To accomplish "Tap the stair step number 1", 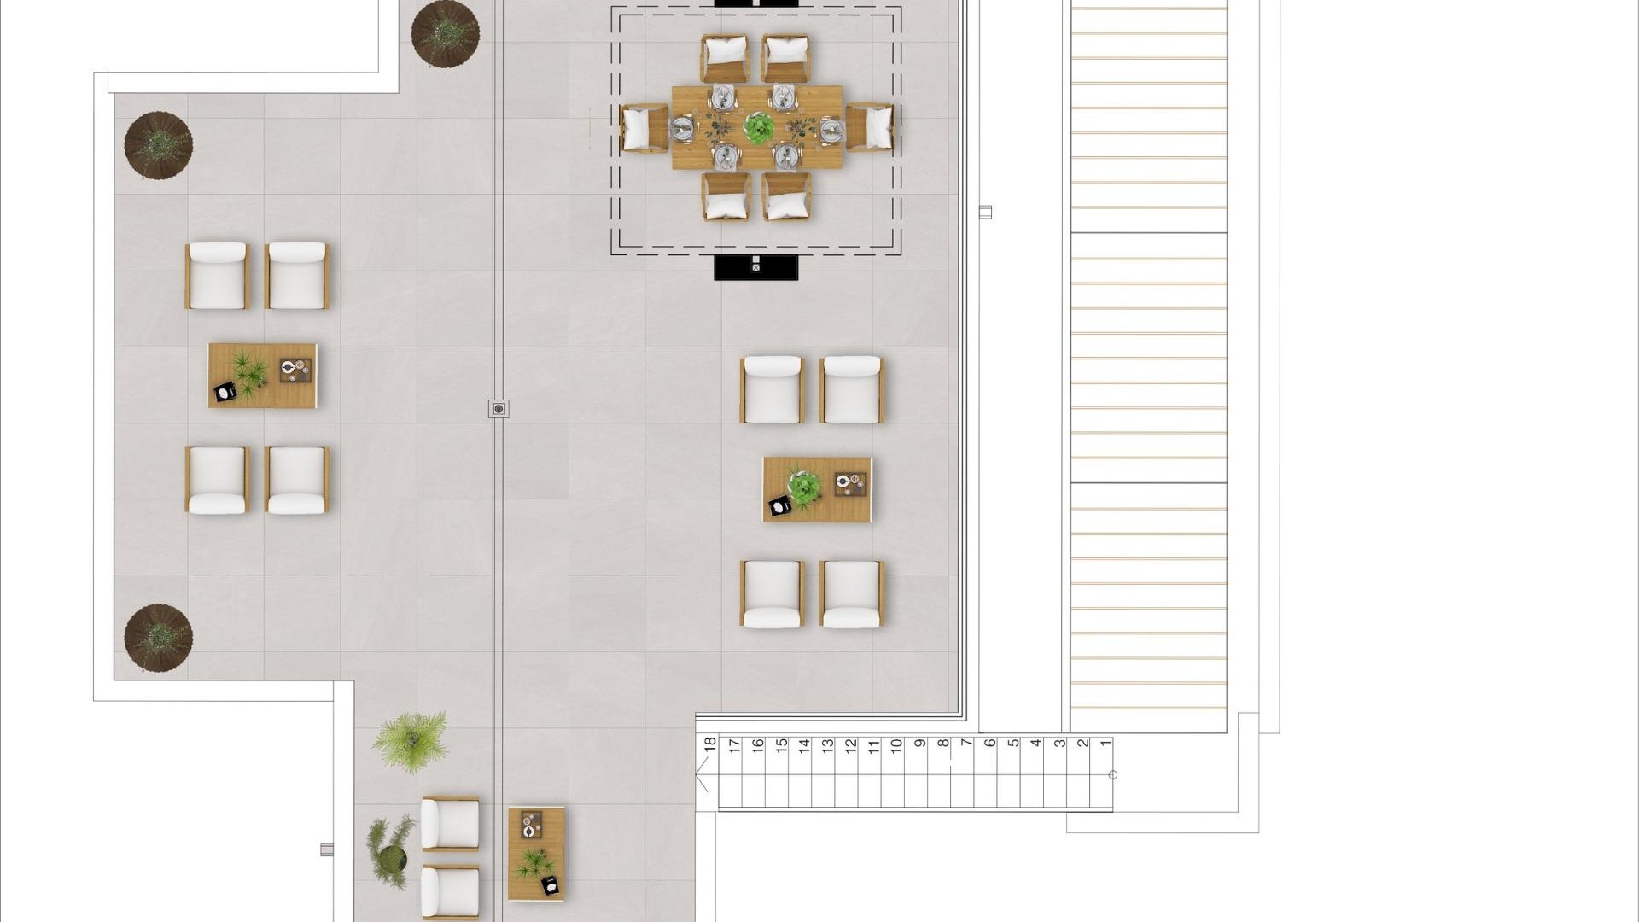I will [x=1106, y=744].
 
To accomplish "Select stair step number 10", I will [x=896, y=744].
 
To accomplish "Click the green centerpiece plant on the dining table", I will [x=758, y=127].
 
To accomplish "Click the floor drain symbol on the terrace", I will [x=499, y=409].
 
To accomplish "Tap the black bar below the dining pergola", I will [x=755, y=267].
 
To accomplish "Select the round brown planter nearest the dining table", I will [x=445, y=33].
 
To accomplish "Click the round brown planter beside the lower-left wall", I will [x=158, y=638].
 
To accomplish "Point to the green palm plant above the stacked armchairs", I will [x=411, y=741].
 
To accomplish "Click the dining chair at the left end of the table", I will [x=644, y=128].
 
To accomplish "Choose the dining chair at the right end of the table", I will [x=870, y=127].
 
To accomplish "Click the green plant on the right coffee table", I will [x=803, y=487].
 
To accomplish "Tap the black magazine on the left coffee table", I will [x=225, y=392].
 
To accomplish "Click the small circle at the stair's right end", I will [x=1112, y=775].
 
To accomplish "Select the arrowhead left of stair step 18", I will [x=702, y=777].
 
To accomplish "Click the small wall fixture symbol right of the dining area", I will [x=985, y=212].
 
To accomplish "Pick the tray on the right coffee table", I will [x=850, y=484].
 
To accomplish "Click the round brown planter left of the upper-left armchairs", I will [x=158, y=144].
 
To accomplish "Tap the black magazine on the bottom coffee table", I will [x=551, y=885].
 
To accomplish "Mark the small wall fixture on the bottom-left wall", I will [x=327, y=849].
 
